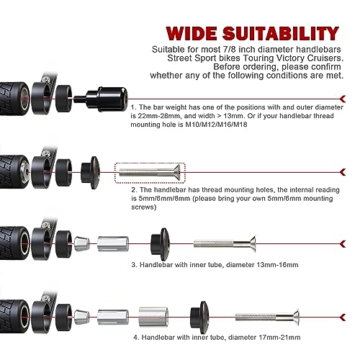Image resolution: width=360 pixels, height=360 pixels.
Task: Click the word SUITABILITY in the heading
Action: [281, 33]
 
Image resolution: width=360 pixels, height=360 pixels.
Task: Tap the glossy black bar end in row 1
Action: [107, 99]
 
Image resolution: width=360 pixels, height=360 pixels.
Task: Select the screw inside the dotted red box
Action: [150, 172]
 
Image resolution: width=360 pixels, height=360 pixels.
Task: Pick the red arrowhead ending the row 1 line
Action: [343, 99]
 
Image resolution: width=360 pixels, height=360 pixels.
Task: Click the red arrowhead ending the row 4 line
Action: [343, 318]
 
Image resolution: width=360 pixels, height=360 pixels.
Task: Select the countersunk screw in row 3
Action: [225, 244]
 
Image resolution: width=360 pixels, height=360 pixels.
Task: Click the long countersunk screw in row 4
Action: [267, 317]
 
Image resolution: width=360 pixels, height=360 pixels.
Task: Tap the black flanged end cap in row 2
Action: [90, 172]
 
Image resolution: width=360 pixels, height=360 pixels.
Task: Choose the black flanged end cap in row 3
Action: [160, 244]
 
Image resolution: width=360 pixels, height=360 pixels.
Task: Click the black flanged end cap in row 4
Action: [199, 317]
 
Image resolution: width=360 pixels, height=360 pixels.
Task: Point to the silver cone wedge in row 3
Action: [82, 244]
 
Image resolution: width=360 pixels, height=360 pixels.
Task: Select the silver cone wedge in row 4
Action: [82, 317]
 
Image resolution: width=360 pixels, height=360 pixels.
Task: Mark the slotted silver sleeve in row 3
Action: [113, 244]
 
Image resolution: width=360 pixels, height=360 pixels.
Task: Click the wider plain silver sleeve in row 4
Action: [153, 317]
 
